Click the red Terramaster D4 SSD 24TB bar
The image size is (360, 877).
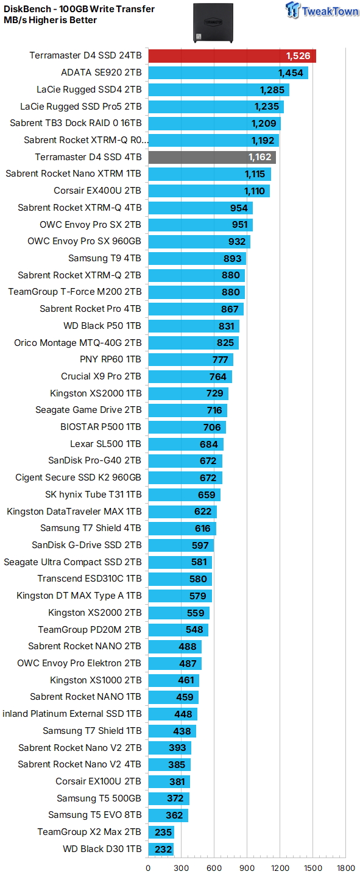tap(231, 56)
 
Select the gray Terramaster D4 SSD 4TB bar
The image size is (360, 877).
tap(211, 157)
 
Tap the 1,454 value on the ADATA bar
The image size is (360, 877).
tap(291, 73)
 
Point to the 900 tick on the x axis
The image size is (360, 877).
tap(247, 868)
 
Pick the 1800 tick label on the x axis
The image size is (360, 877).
tap(345, 868)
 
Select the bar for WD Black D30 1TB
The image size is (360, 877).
tap(161, 849)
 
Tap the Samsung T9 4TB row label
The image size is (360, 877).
tap(104, 258)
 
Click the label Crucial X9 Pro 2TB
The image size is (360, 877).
tap(101, 376)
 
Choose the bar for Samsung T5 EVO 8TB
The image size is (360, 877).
tap(168, 815)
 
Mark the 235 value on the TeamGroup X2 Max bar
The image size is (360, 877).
tap(161, 832)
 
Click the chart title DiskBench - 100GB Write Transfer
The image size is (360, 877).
tap(79, 9)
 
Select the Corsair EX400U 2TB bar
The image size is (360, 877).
tap(208, 191)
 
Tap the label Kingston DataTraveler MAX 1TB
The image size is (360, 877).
tap(74, 512)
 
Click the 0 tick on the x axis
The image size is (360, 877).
tap(148, 868)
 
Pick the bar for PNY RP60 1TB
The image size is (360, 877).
tap(190, 359)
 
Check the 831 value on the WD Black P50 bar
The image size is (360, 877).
tap(226, 326)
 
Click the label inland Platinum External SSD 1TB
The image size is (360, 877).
tap(72, 714)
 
